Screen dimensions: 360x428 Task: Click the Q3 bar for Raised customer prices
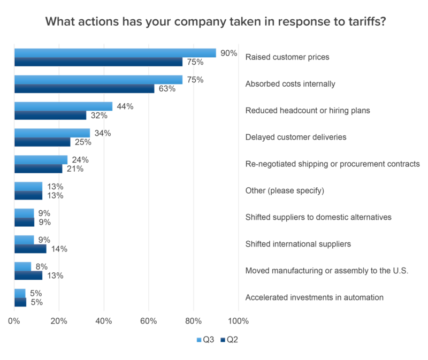[115, 53]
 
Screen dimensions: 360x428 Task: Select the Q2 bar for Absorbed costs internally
[85, 89]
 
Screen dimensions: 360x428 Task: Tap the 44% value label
[125, 106]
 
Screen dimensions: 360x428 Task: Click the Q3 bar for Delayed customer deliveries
[52, 133]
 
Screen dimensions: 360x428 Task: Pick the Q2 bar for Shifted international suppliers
[30, 249]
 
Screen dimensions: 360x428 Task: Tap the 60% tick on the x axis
[148, 321]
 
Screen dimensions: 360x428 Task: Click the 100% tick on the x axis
[238, 321]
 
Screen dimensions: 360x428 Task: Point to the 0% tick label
[14, 321]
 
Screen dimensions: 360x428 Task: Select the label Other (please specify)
[285, 191]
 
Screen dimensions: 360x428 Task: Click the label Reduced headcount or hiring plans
[308, 111]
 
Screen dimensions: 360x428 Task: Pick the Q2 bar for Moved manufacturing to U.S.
[28, 275]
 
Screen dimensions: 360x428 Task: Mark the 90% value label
[228, 53]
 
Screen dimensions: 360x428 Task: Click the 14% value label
[58, 249]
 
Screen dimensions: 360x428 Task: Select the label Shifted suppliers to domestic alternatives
[318, 218]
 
